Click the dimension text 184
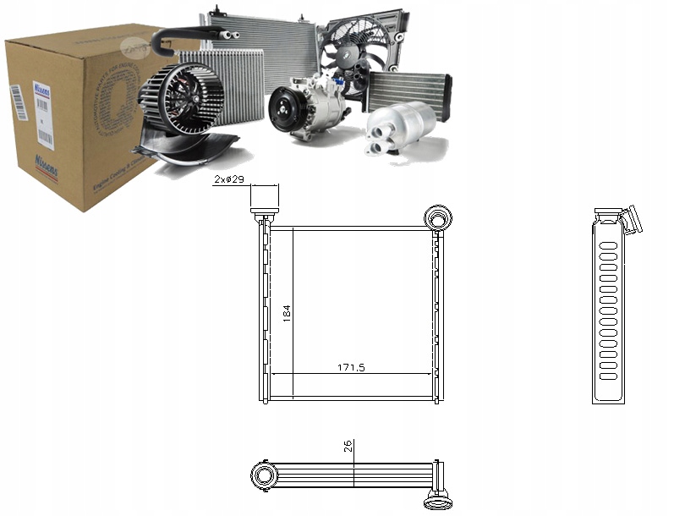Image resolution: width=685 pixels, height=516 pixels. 287,313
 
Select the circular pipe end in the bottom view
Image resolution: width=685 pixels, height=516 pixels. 265,475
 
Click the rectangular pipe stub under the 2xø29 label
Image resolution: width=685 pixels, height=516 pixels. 265,196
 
